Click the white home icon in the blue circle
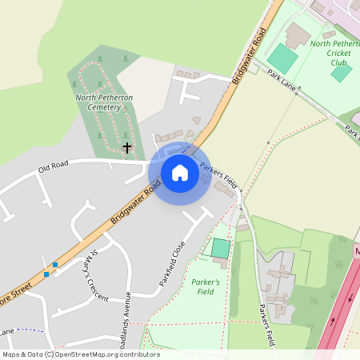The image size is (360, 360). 180,173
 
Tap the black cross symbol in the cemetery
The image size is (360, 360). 126,148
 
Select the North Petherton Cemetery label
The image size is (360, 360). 104,102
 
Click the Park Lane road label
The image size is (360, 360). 282,78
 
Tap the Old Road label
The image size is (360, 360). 53,168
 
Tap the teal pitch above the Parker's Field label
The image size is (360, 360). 220,248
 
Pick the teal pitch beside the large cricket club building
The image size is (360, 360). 282,58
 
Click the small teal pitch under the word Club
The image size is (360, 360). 341,73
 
